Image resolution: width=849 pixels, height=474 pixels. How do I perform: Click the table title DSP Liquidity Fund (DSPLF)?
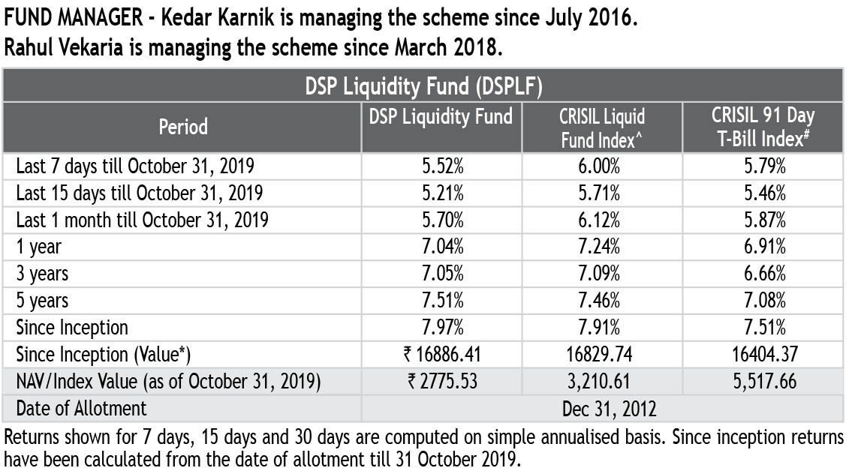coord(423,86)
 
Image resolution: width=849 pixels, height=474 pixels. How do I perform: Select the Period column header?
coord(183,127)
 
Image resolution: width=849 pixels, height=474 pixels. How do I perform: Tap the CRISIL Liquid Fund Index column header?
coord(602,127)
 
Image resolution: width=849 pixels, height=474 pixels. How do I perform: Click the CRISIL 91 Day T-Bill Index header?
coord(763,127)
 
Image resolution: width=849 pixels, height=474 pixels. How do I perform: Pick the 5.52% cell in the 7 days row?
coord(441,166)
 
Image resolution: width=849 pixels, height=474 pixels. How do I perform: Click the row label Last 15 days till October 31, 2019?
coord(140,193)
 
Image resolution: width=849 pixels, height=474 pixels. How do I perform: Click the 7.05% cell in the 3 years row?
coord(441,274)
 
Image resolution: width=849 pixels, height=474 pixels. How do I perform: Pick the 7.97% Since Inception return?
coord(441,328)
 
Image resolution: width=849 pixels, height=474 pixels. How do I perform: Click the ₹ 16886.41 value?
coord(441,355)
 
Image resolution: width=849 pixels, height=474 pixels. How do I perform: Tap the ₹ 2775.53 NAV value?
coord(441,382)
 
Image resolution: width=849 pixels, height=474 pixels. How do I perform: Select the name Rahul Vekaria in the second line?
coord(66,48)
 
